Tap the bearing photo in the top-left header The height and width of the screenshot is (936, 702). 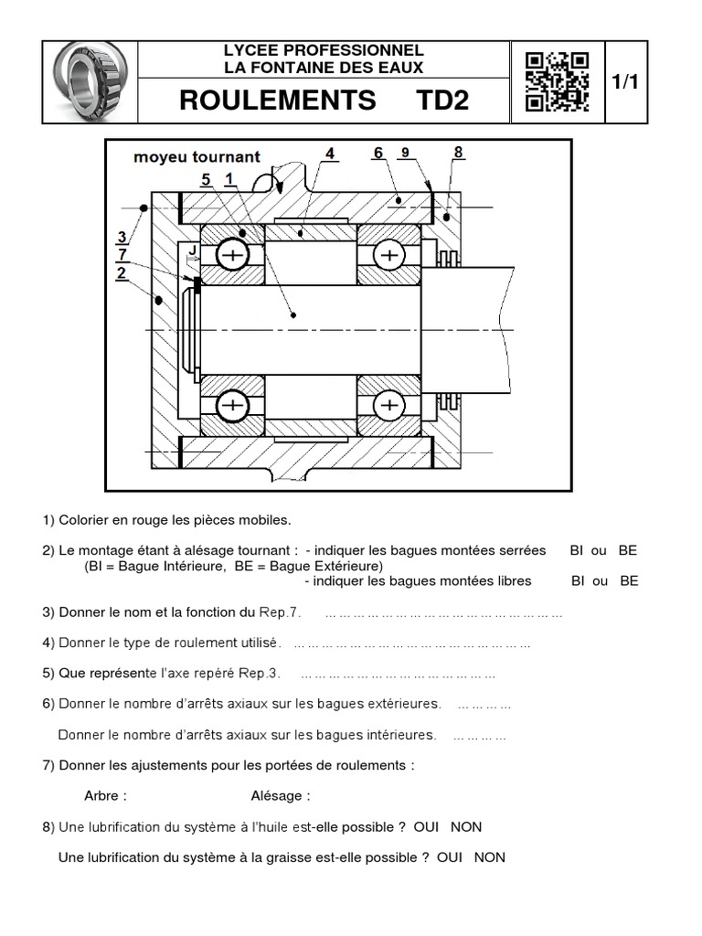point(90,82)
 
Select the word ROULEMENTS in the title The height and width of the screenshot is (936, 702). point(278,101)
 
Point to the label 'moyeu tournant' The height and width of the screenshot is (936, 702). point(197,156)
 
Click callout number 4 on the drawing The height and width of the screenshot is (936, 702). point(329,153)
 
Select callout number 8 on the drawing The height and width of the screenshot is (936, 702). point(458,152)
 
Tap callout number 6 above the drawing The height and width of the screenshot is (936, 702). point(378,153)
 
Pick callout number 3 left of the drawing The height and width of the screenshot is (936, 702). point(121,238)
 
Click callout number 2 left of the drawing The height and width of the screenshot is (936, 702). point(121,271)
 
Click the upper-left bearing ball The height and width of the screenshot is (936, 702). point(233,256)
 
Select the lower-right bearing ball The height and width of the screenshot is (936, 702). point(390,405)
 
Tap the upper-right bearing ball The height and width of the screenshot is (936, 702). point(390,256)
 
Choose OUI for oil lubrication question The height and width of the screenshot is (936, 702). point(427,827)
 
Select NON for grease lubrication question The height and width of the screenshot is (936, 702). point(490,857)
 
